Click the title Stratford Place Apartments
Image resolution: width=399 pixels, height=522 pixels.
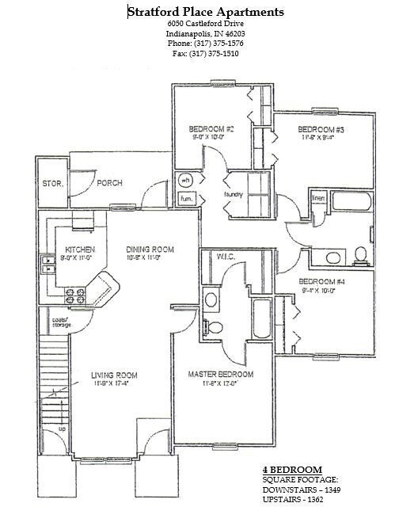205,12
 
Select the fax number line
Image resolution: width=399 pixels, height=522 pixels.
205,54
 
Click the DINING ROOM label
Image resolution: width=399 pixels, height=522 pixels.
150,249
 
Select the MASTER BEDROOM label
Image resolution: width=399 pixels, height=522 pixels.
220,373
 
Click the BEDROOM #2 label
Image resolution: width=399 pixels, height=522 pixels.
211,128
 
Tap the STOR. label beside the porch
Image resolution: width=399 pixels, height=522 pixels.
53,184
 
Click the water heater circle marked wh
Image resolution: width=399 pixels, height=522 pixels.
185,180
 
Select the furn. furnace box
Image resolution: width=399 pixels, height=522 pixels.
186,198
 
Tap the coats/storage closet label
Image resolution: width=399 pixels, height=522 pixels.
53,322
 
